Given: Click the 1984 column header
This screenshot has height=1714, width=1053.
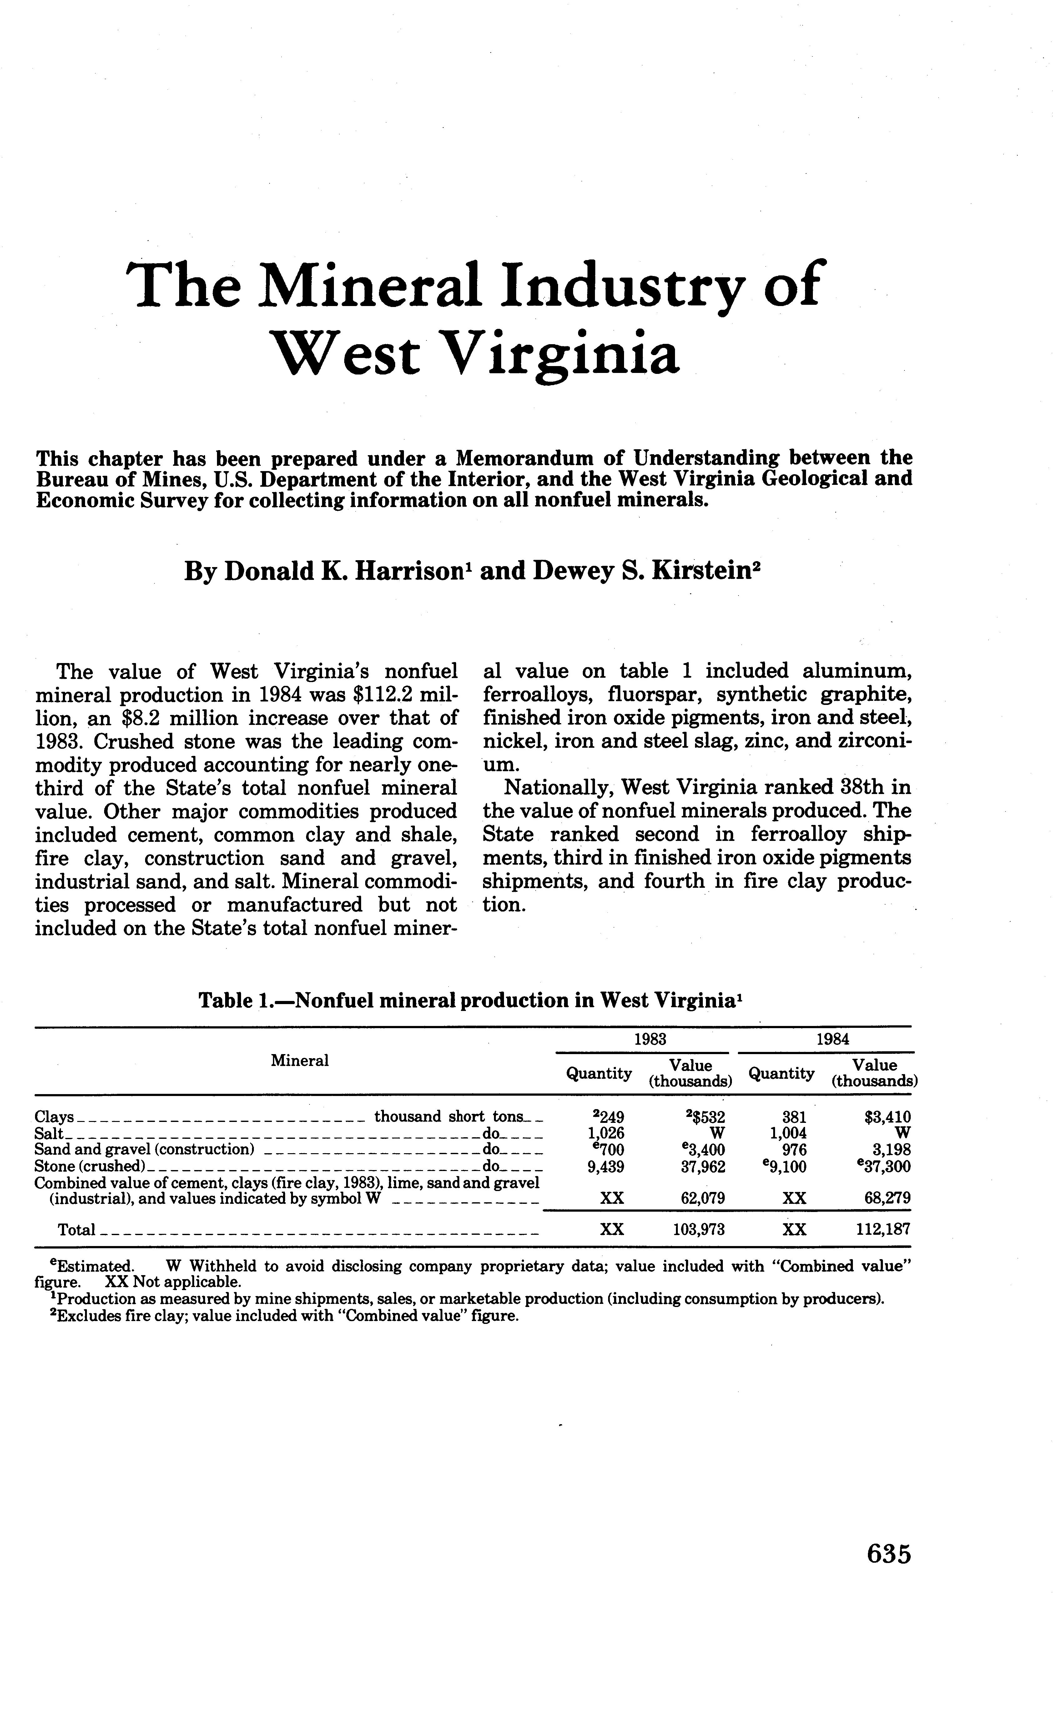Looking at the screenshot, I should click(833, 1039).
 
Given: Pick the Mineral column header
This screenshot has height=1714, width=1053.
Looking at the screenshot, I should click(300, 1060).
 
